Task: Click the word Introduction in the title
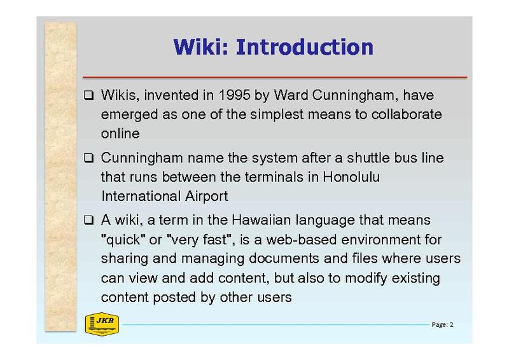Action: (x=305, y=47)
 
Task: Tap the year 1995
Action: (x=234, y=95)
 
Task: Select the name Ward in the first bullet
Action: (x=291, y=95)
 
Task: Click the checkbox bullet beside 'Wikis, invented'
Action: (x=88, y=95)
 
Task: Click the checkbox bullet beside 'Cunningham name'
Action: (x=88, y=158)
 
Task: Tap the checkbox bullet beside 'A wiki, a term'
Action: (x=88, y=220)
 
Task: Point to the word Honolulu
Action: (x=351, y=177)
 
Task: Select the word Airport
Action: (x=206, y=196)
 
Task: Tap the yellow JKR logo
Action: (x=102, y=324)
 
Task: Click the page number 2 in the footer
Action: (x=452, y=324)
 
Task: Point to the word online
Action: (x=120, y=134)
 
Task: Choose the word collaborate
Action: (x=407, y=114)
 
